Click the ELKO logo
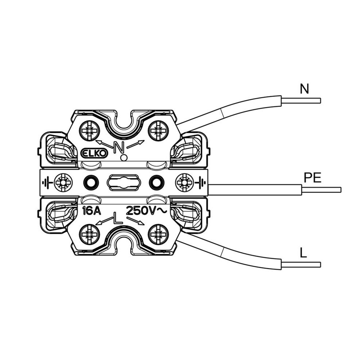click(x=94, y=153)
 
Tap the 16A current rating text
click(x=91, y=211)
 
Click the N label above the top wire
click(x=305, y=89)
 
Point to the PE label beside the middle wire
click(x=312, y=177)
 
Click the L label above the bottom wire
click(x=303, y=253)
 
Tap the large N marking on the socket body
click(x=119, y=147)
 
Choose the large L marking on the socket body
click(x=118, y=217)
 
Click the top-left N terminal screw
click(x=89, y=131)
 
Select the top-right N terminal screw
click(x=158, y=131)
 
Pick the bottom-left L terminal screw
click(x=89, y=234)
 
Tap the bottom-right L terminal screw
click(x=158, y=234)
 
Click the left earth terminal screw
click(x=63, y=183)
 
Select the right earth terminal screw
click(x=184, y=183)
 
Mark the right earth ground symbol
click(x=200, y=183)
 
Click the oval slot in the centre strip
click(x=124, y=183)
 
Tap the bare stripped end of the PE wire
click(x=321, y=190)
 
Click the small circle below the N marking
click(x=124, y=158)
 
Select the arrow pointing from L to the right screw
click(x=135, y=221)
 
